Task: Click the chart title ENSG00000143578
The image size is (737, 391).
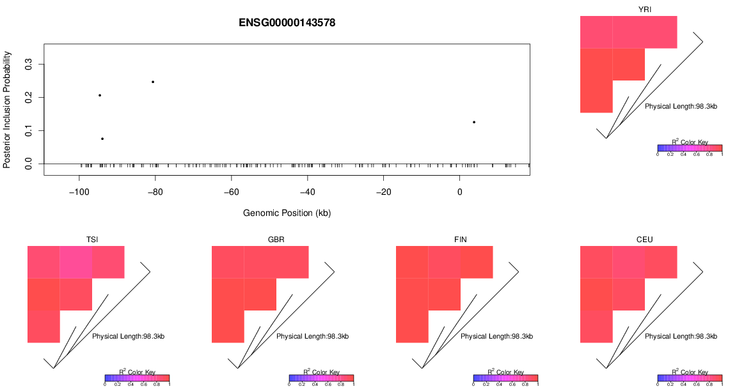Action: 287,23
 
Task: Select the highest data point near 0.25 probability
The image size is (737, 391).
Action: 153,82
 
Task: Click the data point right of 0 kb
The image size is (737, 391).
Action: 474,122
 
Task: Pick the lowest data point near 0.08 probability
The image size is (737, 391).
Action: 102,139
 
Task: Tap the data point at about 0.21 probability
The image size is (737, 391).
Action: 100,95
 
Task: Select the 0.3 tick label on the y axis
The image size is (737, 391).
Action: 28,65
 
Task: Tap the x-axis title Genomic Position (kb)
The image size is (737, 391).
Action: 287,213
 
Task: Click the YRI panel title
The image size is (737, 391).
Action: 645,10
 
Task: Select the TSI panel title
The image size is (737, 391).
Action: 92,240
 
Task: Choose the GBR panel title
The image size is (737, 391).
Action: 276,240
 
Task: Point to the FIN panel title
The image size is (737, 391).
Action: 461,240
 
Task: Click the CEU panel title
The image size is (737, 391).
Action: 645,240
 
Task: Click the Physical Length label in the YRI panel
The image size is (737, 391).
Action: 681,106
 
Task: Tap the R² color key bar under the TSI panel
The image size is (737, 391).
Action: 137,378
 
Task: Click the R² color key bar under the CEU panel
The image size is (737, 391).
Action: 690,378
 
